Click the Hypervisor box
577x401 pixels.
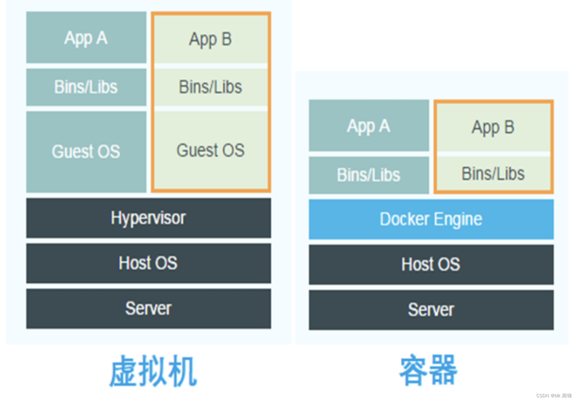[x=149, y=218]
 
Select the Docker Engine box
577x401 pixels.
[x=431, y=219]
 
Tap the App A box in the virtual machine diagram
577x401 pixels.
[x=86, y=38]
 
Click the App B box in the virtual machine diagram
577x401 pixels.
[x=211, y=39]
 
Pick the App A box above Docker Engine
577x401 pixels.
[x=369, y=126]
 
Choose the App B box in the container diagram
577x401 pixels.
[x=493, y=127]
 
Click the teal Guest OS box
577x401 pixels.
[x=86, y=151]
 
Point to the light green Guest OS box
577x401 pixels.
[x=211, y=150]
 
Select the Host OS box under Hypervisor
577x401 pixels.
[x=149, y=263]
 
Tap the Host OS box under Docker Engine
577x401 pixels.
[x=431, y=264]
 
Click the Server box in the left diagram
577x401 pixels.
[x=149, y=309]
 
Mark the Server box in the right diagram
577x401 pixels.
[x=431, y=310]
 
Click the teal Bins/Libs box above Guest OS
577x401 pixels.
[x=86, y=87]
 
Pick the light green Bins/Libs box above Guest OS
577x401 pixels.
[x=211, y=87]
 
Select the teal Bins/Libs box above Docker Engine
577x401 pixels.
[x=369, y=175]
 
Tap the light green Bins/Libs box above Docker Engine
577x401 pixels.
[x=493, y=174]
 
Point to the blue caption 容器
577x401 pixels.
[x=428, y=370]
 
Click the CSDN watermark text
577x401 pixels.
[x=554, y=396]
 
